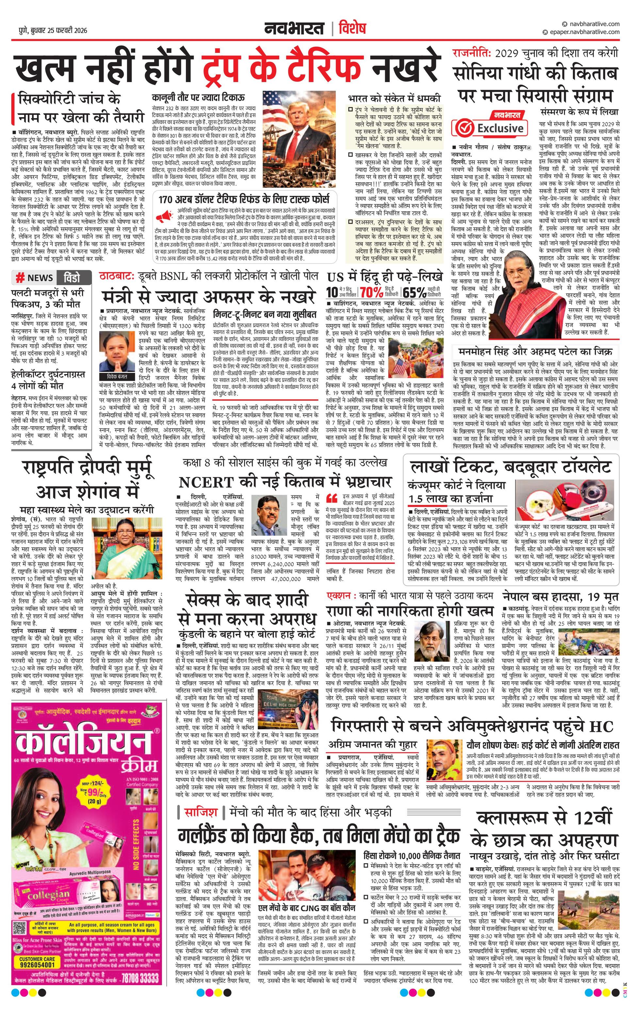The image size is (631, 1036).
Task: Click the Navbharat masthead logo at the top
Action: coord(294,29)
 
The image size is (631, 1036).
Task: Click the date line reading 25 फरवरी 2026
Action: coord(53,30)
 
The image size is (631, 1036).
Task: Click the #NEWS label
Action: coord(35,278)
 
